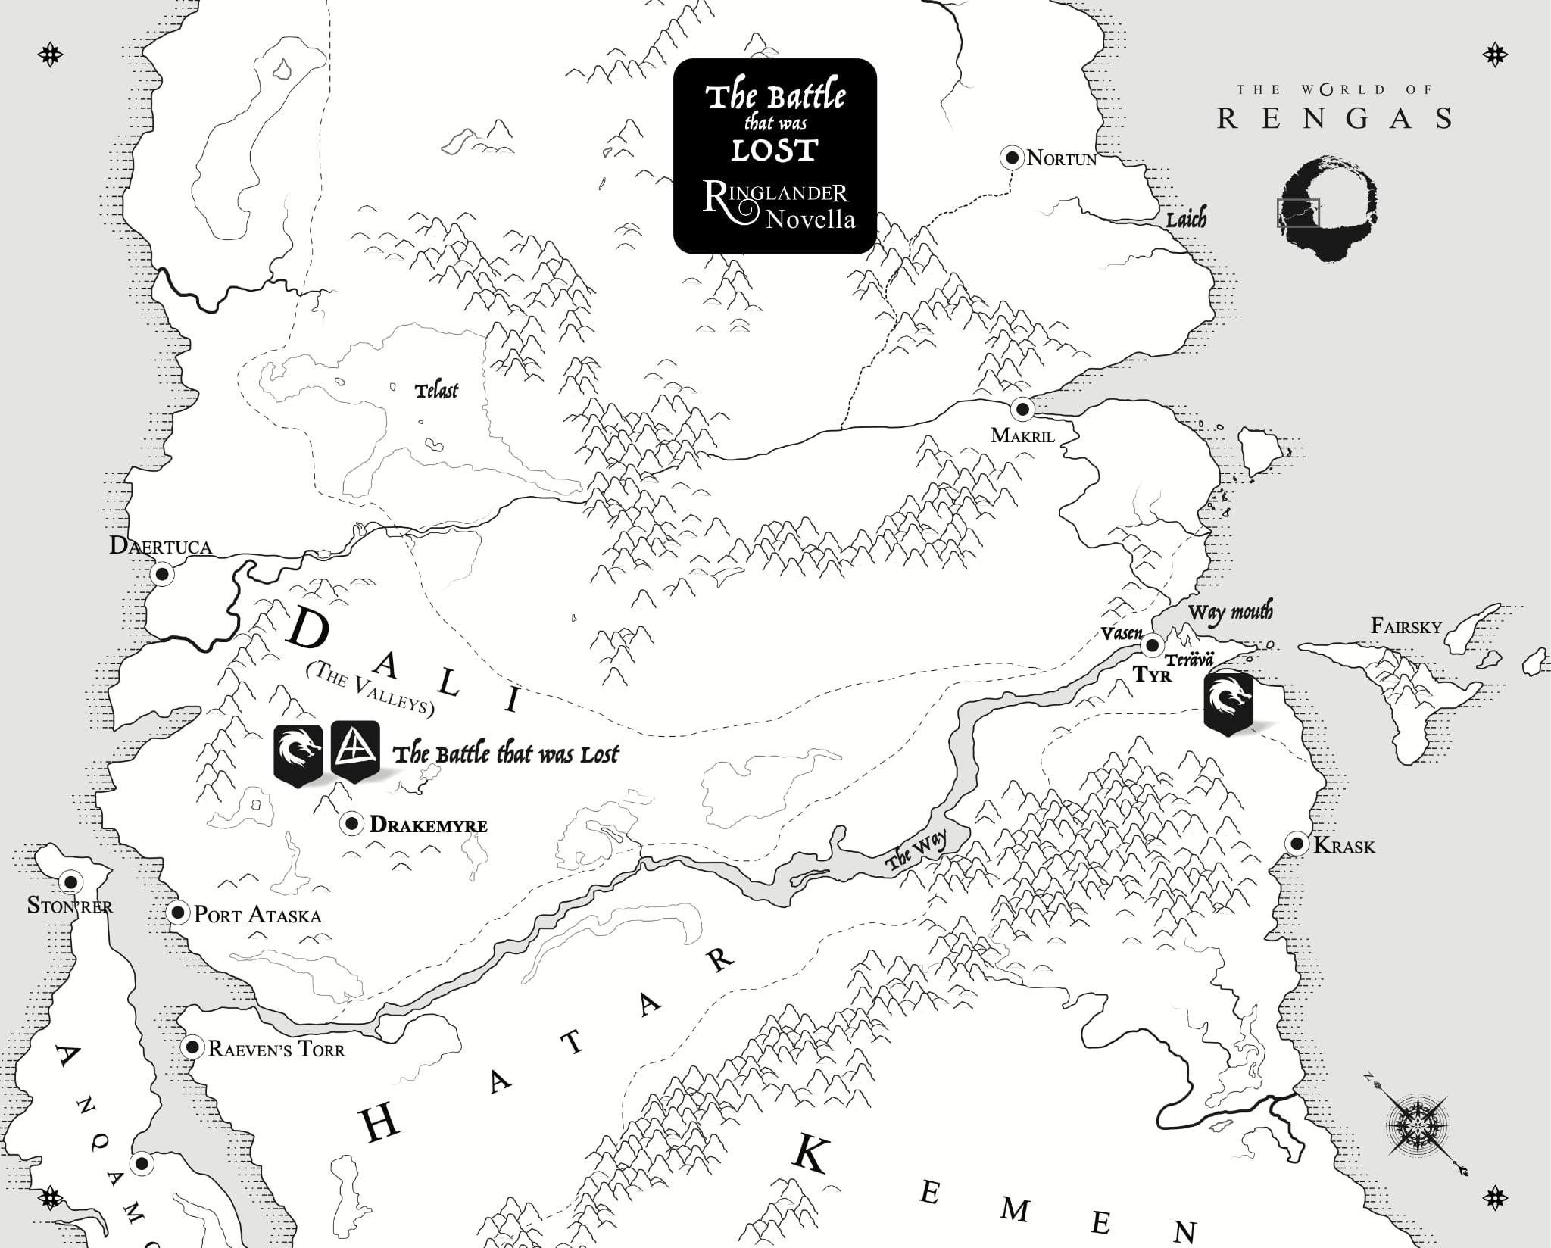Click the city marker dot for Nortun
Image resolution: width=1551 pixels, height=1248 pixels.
[1012, 158]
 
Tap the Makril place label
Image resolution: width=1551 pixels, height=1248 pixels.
[1022, 435]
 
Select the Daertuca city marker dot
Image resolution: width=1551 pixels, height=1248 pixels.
[161, 574]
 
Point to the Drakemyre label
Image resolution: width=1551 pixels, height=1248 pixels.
[428, 825]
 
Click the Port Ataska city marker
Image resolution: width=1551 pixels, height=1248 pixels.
[178, 913]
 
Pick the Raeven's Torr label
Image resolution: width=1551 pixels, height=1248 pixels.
[276, 1050]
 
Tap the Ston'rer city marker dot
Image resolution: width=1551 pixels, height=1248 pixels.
[71, 881]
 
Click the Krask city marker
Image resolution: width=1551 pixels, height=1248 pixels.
[1297, 844]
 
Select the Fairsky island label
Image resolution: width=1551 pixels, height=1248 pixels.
[1406, 626]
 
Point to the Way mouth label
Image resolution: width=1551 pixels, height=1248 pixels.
[1231, 612]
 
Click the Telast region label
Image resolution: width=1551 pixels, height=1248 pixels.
[437, 391]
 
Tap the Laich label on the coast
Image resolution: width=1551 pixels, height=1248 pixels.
[1186, 220]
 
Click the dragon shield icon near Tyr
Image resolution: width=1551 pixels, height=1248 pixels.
[1228, 703]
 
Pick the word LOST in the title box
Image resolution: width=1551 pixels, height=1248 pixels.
[774, 150]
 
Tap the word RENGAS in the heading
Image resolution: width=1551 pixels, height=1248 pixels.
[1334, 119]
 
